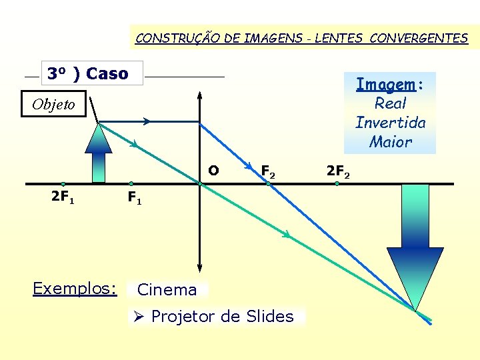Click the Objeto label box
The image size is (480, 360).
pyautogui.click(x=53, y=105)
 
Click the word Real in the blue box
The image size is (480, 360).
pyautogui.click(x=391, y=103)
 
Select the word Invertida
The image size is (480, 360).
pyautogui.click(x=391, y=123)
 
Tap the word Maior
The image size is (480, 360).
pyautogui.click(x=391, y=142)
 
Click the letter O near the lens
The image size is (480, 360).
pyautogui.click(x=213, y=171)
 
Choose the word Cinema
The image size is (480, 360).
pyautogui.click(x=167, y=289)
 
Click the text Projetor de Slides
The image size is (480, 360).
pyautogui.click(x=222, y=316)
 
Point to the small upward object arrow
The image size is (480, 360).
pyautogui.click(x=99, y=153)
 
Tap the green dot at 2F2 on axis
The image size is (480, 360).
pyautogui.click(x=337, y=183)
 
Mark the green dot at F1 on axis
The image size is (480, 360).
pyautogui.click(x=131, y=183)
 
